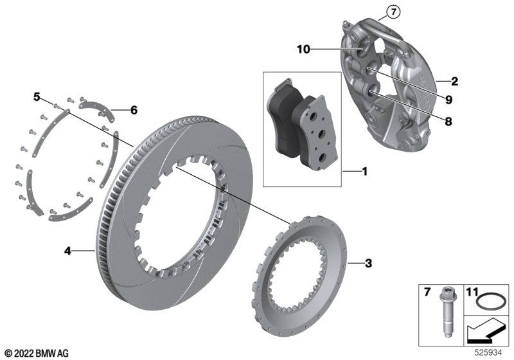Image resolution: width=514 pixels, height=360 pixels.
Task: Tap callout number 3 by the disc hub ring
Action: (368, 263)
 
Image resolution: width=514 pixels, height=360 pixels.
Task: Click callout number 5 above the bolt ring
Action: (37, 97)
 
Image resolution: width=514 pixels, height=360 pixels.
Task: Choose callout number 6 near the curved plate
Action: (134, 110)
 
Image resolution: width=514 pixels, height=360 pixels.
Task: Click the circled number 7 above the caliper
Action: (392, 10)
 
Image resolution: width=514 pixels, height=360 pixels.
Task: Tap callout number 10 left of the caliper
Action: (304, 49)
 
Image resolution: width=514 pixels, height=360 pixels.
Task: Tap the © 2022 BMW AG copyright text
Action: (36, 353)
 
